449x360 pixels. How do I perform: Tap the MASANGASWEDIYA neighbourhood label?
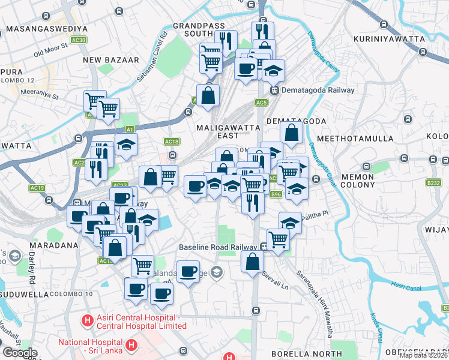tap(47, 28)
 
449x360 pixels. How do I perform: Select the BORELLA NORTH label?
tap(298, 353)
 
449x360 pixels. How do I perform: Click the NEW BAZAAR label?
tap(111, 60)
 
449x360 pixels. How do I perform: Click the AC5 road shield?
tap(261, 103)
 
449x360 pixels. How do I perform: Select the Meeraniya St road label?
tap(38, 95)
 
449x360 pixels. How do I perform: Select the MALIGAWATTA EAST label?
tap(229, 131)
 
